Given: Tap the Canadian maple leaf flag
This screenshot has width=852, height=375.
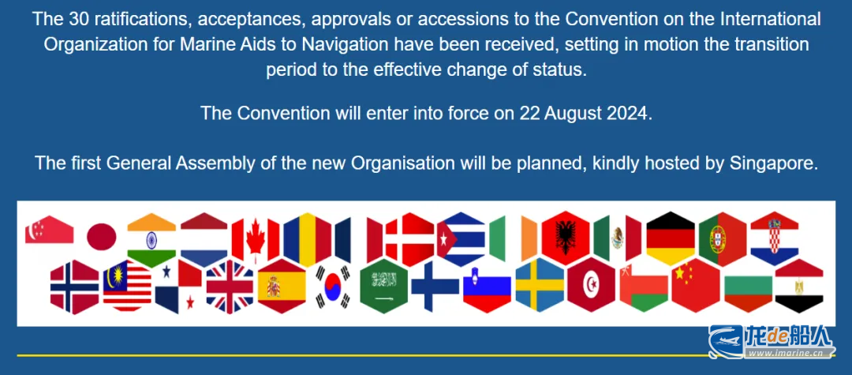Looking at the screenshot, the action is coord(256,239).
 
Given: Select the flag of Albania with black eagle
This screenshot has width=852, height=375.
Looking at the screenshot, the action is coord(565,238).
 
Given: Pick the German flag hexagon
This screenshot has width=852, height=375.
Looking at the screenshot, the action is coord(671,238).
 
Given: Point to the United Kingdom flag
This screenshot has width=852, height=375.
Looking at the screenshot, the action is coord(230,287).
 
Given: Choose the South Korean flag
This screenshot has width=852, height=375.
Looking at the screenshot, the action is coord(333,287).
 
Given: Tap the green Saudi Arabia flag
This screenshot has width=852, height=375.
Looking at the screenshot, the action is coord(383,286).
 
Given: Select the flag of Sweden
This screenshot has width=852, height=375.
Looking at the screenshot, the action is coord(540,285).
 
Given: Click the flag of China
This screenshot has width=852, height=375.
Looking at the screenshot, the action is coord(696,285).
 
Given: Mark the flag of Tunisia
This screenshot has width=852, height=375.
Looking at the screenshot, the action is coord(591,285).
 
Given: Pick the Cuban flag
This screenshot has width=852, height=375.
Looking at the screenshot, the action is coord(461,238).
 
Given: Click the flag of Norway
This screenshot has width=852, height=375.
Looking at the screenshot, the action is coord(74,287).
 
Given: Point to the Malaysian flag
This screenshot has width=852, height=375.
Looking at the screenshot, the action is coord(127,287).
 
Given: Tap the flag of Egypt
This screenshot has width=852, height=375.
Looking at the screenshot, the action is coord(798,286).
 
